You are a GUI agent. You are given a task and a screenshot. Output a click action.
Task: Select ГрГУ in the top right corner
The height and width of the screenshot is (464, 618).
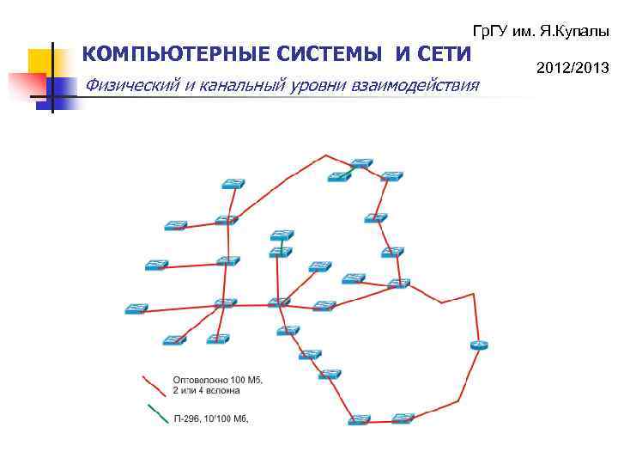coord(491,31)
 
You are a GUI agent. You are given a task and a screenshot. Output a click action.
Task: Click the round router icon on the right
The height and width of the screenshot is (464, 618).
coord(479,345)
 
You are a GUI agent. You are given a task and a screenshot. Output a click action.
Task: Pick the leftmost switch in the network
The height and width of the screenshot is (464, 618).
coord(136,308)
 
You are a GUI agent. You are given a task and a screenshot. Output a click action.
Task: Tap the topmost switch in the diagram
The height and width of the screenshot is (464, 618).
coord(361,162)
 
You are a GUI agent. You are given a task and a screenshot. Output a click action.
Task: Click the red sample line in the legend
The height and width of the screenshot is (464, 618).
coord(154,384)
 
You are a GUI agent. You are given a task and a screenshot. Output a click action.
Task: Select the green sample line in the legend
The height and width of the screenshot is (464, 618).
coord(154,414)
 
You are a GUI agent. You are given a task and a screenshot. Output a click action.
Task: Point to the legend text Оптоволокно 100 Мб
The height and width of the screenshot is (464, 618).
coord(218,379)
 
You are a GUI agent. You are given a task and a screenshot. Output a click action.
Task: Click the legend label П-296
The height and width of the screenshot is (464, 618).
coord(188,418)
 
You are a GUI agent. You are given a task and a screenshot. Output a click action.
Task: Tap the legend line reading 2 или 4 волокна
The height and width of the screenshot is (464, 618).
coord(207,391)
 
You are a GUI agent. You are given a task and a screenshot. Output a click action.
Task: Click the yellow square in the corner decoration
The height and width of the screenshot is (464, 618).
coord(39,60)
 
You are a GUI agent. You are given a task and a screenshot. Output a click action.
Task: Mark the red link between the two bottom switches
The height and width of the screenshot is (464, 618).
coord(380,419)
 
